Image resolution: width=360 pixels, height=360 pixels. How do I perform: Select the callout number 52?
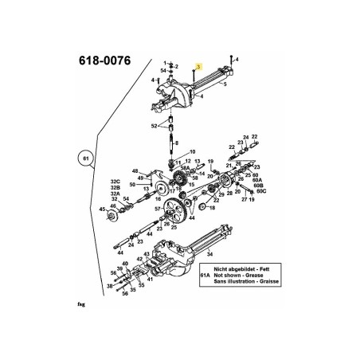(155, 127)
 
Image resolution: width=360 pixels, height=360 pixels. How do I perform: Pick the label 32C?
(115, 181)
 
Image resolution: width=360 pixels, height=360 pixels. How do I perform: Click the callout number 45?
(102, 209)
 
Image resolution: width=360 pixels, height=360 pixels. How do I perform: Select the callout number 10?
(192, 151)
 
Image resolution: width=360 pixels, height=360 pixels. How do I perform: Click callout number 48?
(135, 171)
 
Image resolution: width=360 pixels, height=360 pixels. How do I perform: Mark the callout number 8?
(177, 143)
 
